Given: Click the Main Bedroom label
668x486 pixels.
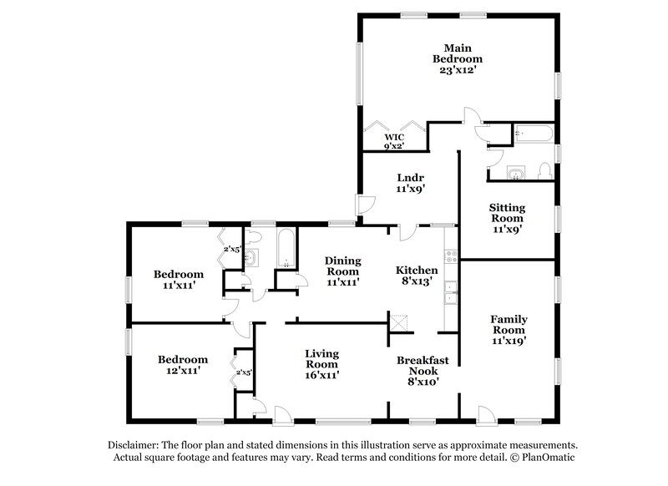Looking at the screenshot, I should pyautogui.click(x=457, y=53).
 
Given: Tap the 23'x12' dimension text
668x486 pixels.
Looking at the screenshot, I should pyautogui.click(x=457, y=71).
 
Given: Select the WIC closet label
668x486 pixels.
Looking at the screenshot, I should pyautogui.click(x=393, y=137).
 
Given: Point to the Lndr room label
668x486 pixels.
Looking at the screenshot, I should pyautogui.click(x=410, y=178).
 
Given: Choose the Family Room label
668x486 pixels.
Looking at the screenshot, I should pyautogui.click(x=509, y=324).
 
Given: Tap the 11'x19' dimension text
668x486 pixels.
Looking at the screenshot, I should pyautogui.click(x=509, y=341).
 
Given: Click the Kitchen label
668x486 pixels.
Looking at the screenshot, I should pyautogui.click(x=417, y=271).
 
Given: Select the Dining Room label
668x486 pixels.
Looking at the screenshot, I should pyautogui.click(x=342, y=266).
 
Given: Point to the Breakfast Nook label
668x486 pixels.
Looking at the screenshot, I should pyautogui.click(x=423, y=365).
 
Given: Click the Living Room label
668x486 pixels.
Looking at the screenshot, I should pyautogui.click(x=321, y=359).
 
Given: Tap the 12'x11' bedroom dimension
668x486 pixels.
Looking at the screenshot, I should pyautogui.click(x=180, y=372).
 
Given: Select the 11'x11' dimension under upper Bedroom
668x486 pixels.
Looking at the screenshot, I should pyautogui.click(x=179, y=286).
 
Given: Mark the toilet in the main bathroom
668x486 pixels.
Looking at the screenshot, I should pyautogui.click(x=545, y=170).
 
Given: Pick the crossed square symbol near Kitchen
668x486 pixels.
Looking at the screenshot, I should pyautogui.click(x=398, y=322).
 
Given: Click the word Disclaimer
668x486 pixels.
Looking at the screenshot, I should pyautogui.click(x=136, y=445).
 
